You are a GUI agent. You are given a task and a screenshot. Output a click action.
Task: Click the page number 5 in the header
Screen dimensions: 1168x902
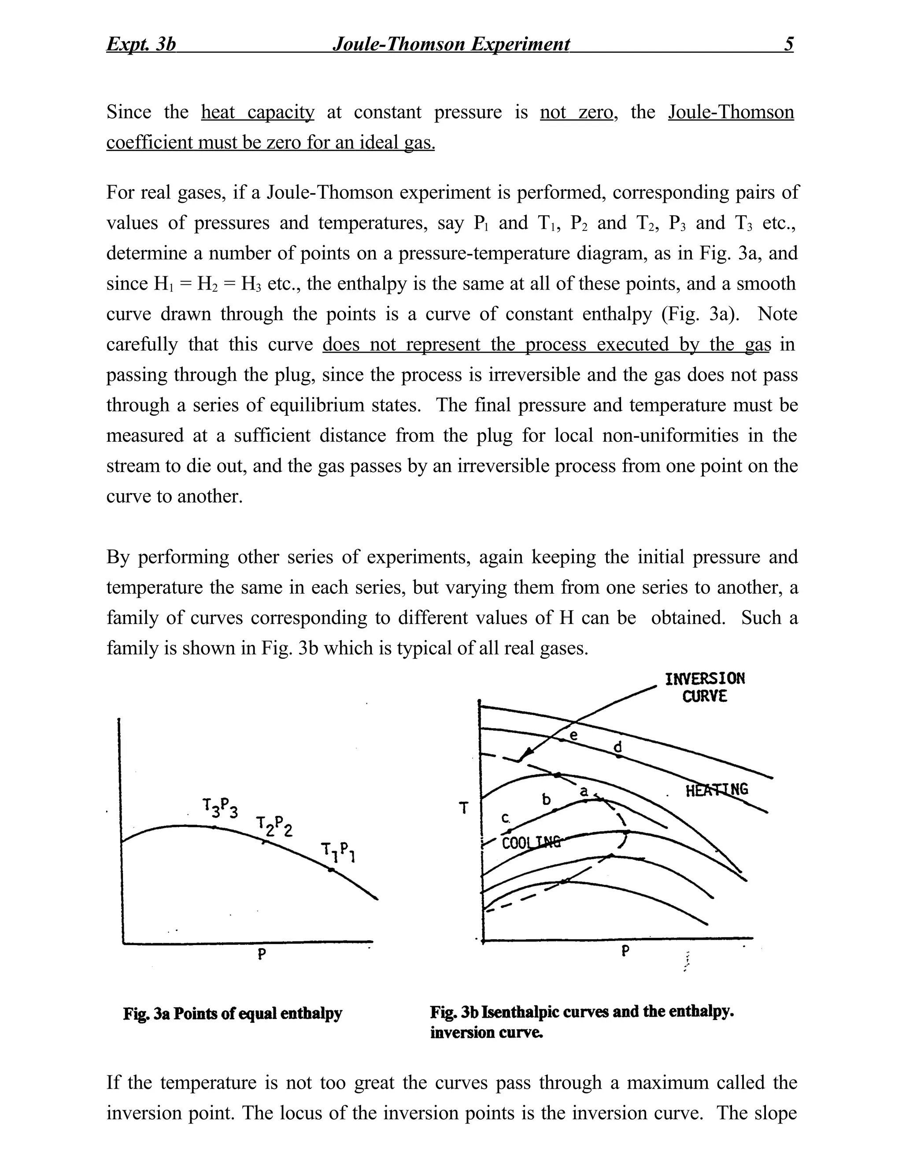tap(789, 44)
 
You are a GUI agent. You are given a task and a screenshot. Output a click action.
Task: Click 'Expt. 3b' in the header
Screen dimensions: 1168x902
tap(141, 44)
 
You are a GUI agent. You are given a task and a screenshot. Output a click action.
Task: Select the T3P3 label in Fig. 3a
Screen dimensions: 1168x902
tap(220, 807)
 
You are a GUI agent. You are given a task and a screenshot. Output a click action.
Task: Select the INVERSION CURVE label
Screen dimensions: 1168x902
tap(704, 688)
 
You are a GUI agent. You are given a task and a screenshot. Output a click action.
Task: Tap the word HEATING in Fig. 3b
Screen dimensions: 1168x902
tap(716, 790)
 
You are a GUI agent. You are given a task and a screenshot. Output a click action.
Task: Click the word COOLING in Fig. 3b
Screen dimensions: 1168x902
tap(532, 843)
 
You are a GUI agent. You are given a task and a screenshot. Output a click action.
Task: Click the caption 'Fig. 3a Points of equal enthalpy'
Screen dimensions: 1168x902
tap(233, 1013)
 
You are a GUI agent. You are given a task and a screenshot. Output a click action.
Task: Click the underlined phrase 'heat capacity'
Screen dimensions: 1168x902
tap(258, 112)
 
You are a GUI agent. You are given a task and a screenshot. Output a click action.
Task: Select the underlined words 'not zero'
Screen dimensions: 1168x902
tap(576, 112)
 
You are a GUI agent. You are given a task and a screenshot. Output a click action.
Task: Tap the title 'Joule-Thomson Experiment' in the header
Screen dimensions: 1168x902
tap(451, 44)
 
